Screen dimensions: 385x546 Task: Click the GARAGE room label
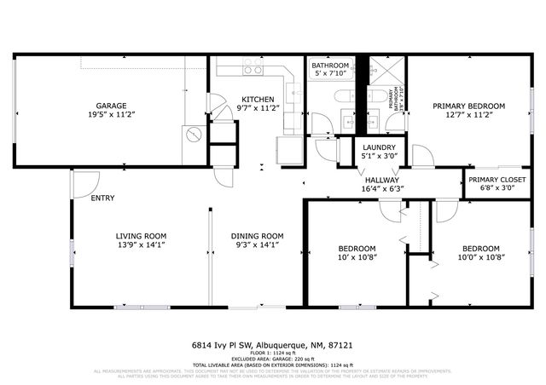[112, 104]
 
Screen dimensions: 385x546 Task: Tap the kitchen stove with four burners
[253, 66]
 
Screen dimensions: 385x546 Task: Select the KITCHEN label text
[258, 99]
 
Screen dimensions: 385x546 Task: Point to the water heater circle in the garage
[194, 135]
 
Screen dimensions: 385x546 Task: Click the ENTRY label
[102, 198]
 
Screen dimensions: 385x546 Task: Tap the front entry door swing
[86, 181]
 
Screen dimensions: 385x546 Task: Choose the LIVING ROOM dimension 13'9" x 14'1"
[141, 245]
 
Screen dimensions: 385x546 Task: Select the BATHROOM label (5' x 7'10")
[329, 66]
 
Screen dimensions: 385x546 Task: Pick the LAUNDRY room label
[378, 147]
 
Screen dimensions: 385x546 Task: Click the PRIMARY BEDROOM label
[468, 106]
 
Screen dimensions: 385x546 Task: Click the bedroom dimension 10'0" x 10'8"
[472, 256]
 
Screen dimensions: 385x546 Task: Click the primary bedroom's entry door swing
[421, 157]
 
